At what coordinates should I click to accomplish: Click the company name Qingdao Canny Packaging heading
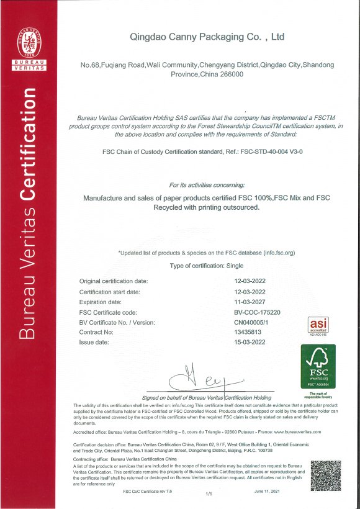coord(207,37)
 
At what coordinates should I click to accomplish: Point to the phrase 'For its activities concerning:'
coord(207,185)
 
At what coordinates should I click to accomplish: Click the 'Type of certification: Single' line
coord(207,266)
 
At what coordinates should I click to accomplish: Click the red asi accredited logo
coord(318,326)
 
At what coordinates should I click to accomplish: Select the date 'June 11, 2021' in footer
coord(268,492)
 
